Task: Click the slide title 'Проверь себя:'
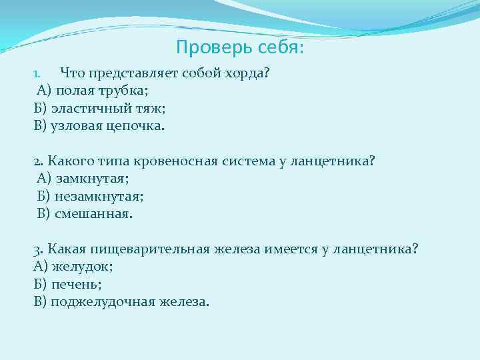point(240,48)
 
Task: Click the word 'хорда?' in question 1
point(245,73)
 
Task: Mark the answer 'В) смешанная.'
point(85,213)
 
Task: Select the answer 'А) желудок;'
point(73,266)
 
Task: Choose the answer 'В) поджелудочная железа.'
point(121,301)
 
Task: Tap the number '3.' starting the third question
point(38,249)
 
